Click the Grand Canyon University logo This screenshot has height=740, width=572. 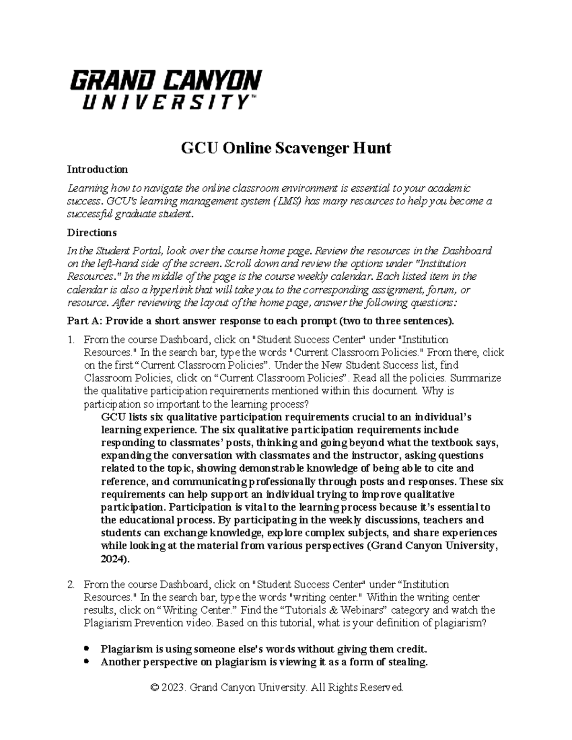pyautogui.click(x=166, y=89)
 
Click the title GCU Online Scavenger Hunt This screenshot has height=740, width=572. pyautogui.click(x=286, y=148)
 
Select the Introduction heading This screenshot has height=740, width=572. pyautogui.click(x=97, y=169)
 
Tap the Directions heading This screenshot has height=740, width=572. pyautogui.click(x=92, y=233)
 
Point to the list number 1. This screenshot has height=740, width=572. pyautogui.click(x=71, y=340)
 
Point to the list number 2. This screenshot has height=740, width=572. pyautogui.click(x=71, y=584)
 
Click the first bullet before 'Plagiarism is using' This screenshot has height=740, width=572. pyautogui.click(x=86, y=649)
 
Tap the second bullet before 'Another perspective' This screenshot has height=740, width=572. pyautogui.click(x=86, y=662)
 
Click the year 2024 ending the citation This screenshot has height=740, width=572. pyautogui.click(x=114, y=559)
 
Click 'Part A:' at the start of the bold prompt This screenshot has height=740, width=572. pyautogui.click(x=82, y=321)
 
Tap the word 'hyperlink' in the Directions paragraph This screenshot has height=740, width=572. pyautogui.click(x=172, y=290)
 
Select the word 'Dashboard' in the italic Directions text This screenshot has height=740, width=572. pyautogui.click(x=467, y=251)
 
